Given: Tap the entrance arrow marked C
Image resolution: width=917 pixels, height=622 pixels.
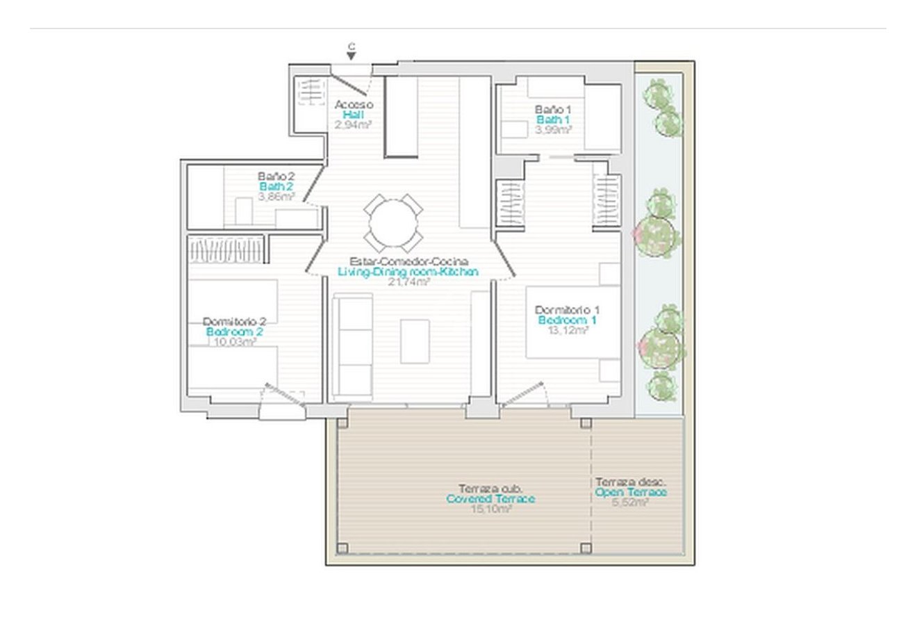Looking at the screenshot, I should pos(352,53).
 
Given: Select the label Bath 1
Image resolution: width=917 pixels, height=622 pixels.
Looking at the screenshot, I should pos(553,120).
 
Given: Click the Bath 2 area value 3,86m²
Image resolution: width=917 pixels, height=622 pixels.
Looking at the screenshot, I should pos(276,197).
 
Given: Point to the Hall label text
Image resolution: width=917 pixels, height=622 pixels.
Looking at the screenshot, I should pos(353,115).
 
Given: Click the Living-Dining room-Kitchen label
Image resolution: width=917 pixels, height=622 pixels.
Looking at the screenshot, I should pos(408,272).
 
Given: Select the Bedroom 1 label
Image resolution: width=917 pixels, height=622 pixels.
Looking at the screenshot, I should pos(567,320).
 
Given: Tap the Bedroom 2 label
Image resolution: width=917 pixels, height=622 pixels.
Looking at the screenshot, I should pos(234,332).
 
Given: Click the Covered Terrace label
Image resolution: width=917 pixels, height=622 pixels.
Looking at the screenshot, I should pos(490,499).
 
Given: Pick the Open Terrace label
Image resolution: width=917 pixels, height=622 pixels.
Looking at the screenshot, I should pos(631,492).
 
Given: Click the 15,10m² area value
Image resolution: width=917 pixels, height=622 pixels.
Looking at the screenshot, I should pos(490,509).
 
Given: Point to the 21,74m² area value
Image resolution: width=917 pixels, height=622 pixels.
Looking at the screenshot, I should pos(408,281).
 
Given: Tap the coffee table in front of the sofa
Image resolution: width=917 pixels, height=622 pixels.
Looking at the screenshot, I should pos(415,341).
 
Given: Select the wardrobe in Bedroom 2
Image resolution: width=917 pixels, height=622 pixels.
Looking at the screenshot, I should pos(226,249).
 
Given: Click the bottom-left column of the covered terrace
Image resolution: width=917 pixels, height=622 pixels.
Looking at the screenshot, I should pos(342,548).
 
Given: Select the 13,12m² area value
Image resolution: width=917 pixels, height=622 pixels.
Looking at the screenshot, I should pos(568,332).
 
